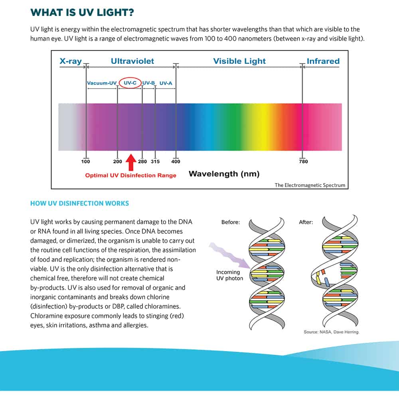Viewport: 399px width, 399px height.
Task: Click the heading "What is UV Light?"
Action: (x=82, y=12)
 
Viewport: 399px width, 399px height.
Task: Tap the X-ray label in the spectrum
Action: (x=71, y=61)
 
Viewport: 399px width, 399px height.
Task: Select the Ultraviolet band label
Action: (x=132, y=61)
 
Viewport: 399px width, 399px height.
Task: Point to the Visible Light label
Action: (x=239, y=61)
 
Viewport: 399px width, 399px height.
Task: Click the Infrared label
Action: (x=323, y=61)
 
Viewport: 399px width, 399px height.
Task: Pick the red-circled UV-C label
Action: (x=130, y=83)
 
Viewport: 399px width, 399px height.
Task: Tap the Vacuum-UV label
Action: (x=102, y=83)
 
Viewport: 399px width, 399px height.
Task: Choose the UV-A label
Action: (x=166, y=83)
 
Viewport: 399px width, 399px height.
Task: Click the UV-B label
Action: (x=148, y=83)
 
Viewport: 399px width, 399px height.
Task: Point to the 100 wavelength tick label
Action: (x=85, y=162)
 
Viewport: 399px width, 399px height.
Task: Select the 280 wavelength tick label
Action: (x=142, y=162)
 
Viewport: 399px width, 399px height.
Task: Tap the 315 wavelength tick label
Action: (x=155, y=162)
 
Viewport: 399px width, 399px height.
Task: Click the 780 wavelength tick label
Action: (x=303, y=162)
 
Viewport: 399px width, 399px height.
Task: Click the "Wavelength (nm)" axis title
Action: (x=224, y=174)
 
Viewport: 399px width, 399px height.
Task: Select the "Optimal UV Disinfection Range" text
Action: (x=130, y=176)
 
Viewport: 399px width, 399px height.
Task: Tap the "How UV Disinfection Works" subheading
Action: (x=79, y=203)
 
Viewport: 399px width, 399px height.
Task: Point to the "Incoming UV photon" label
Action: (x=229, y=275)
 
